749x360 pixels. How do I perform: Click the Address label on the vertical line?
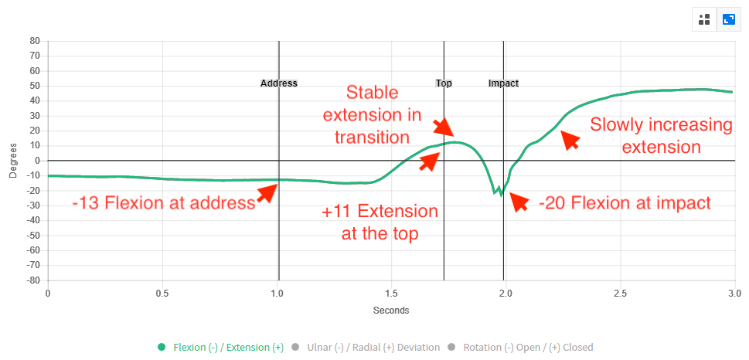point(279,83)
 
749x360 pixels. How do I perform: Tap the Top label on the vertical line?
point(444,83)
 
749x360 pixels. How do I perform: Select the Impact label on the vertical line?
point(503,83)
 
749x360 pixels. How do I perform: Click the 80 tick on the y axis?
point(34,41)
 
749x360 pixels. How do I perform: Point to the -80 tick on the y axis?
point(32,280)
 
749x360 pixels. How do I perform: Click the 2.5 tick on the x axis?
point(621,292)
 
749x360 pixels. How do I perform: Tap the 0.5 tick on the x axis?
point(162,292)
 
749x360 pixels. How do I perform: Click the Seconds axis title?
point(391,311)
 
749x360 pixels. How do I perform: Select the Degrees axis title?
point(13,161)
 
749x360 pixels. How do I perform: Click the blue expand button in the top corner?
point(729,19)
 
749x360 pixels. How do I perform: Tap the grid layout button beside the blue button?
point(705,19)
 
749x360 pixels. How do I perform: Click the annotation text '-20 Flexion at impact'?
point(625,203)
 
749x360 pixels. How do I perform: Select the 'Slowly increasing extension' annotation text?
point(661,136)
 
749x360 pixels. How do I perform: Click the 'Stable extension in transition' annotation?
point(372,115)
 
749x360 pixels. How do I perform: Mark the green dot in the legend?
point(162,347)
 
